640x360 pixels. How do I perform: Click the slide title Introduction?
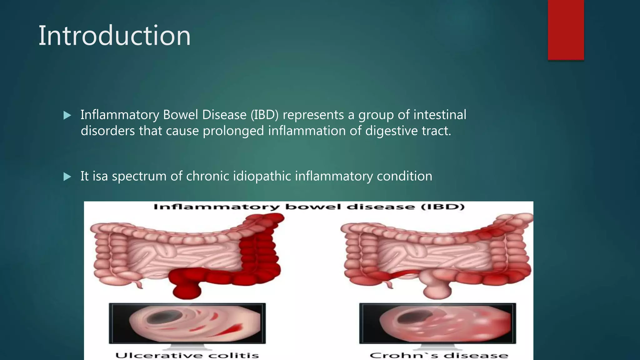coord(114,36)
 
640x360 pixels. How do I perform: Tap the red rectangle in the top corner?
coord(566,30)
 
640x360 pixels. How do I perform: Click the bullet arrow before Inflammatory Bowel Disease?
coord(67,116)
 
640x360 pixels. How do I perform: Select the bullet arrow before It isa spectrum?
coord(67,177)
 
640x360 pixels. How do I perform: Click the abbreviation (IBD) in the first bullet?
coord(264,115)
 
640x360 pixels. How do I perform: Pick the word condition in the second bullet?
coord(404,177)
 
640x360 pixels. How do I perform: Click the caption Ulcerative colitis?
coord(187,355)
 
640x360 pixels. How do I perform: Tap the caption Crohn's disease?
coord(439,355)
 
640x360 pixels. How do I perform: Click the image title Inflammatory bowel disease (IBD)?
coord(309,207)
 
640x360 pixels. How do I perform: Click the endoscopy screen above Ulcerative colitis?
coord(187,323)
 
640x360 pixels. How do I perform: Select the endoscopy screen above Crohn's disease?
coord(437,323)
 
